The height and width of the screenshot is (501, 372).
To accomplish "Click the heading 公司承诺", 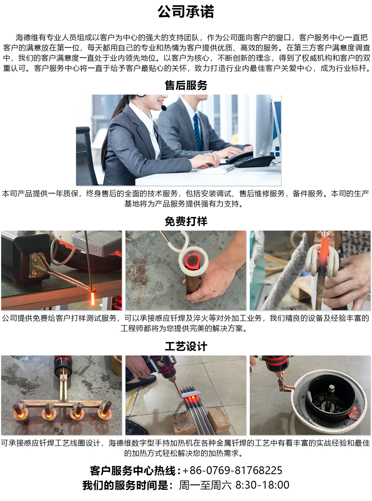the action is coord(186,12).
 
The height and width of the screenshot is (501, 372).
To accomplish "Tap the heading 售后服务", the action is coord(186,85).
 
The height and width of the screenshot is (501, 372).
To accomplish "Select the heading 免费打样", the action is coord(186,221).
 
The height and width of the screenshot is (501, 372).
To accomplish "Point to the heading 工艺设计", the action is coord(186,346).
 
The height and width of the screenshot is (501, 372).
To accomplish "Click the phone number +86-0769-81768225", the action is coord(232,470).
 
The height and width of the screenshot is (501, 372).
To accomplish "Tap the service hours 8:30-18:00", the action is coord(262,485).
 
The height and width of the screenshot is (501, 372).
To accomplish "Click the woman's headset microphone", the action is coord(164,108).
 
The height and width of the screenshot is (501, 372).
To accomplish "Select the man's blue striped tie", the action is coord(197,132).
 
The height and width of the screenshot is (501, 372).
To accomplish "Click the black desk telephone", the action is coord(250,159).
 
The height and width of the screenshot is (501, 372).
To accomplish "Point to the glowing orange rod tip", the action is coord(92,298).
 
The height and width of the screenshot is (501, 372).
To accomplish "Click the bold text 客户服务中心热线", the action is coord(133,471).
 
